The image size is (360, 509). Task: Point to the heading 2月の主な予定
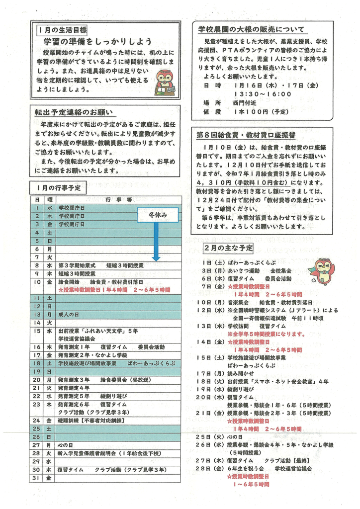click(228, 248)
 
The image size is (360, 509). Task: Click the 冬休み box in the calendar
click(157, 215)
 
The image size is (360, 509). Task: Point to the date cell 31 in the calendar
click(37, 479)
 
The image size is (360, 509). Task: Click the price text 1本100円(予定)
click(258, 112)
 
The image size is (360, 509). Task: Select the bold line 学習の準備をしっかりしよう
click(97, 42)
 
